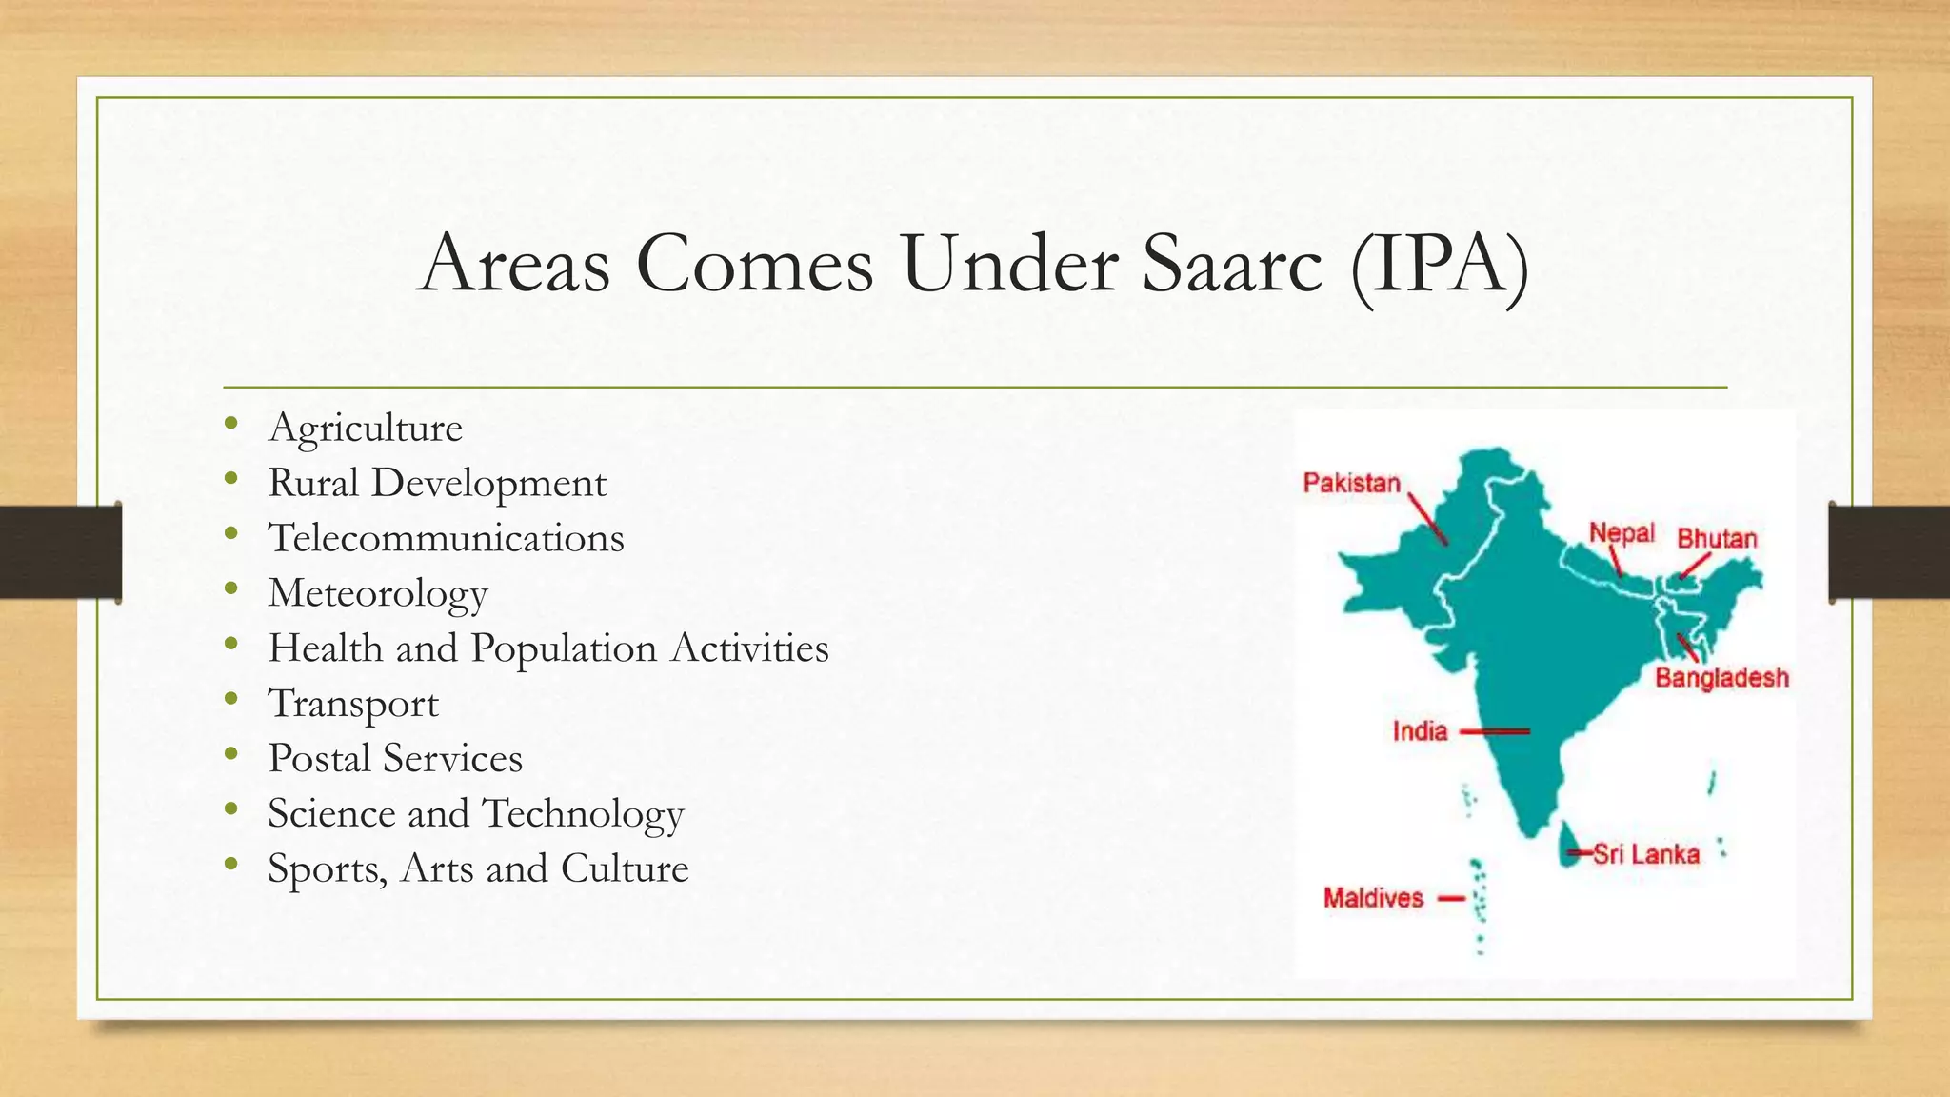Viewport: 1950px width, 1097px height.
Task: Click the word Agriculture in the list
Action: [366, 428]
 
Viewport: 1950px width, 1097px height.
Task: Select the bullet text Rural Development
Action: [437, 483]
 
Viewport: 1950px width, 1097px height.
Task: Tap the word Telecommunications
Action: [446, 538]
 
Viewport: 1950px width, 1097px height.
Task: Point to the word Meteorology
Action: [378, 593]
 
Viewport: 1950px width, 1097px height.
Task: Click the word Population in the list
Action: [564, 648]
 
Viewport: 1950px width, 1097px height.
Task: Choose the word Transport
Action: [353, 704]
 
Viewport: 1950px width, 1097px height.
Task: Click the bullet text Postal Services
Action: [395, 759]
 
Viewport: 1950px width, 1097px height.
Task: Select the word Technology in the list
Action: [583, 814]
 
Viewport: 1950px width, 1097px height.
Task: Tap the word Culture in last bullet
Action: [625, 868]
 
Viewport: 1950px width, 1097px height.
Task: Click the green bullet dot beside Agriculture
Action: [231, 424]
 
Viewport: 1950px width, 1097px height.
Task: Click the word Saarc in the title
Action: [1232, 264]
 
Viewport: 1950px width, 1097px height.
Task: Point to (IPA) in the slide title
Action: [1439, 264]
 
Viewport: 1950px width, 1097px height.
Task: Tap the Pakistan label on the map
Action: [1351, 483]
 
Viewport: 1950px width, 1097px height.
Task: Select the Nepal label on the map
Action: [1622, 532]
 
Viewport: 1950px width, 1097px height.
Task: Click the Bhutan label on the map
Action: [1716, 538]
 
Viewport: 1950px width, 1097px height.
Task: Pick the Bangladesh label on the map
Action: [1721, 678]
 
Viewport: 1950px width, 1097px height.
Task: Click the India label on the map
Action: [1420, 731]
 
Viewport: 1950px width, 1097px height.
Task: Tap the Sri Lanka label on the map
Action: [1646, 853]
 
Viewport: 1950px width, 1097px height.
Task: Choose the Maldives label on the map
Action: [1373, 898]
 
